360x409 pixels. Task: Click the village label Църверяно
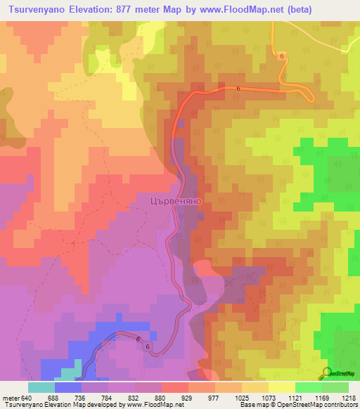coord(176,200)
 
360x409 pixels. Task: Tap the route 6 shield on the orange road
coord(282,56)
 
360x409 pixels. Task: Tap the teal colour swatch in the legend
coord(41,387)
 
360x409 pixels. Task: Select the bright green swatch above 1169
coord(308,387)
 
